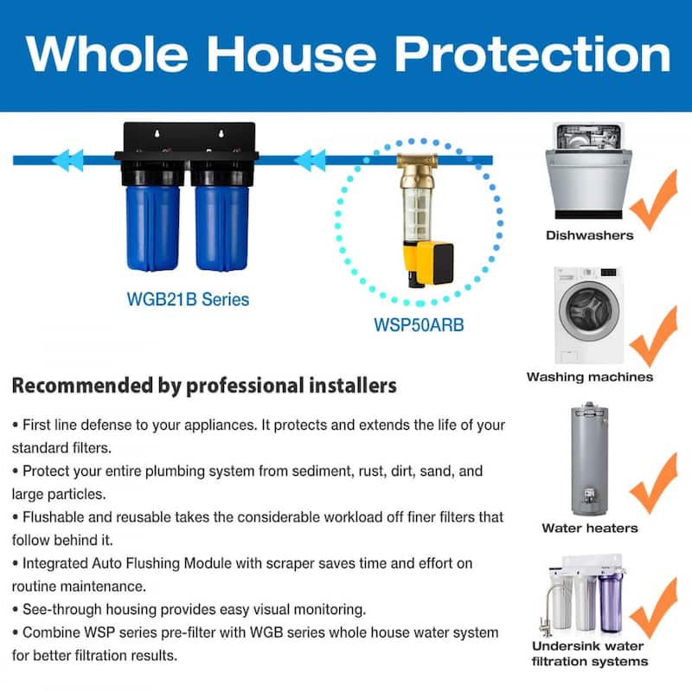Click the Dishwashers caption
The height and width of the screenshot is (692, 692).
589,235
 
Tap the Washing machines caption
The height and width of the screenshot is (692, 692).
589,377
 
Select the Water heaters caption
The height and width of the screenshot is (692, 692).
589,528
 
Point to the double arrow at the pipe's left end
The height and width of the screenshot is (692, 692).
67,160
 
